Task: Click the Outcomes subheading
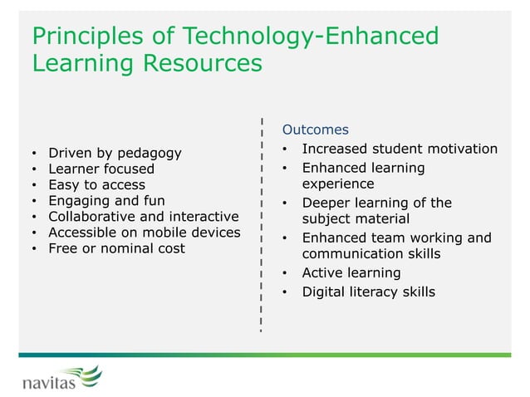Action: pyautogui.click(x=315, y=130)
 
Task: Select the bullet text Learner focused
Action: pyautogui.click(x=101, y=169)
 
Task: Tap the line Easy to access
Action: pyautogui.click(x=96, y=184)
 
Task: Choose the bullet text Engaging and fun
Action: pyautogui.click(x=106, y=200)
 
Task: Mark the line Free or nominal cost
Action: pyautogui.click(x=116, y=248)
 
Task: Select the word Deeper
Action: pyautogui.click(x=325, y=203)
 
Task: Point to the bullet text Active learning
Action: pyautogui.click(x=351, y=272)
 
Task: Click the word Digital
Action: pyautogui.click(x=322, y=292)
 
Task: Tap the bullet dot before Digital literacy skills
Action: pyautogui.click(x=284, y=292)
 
